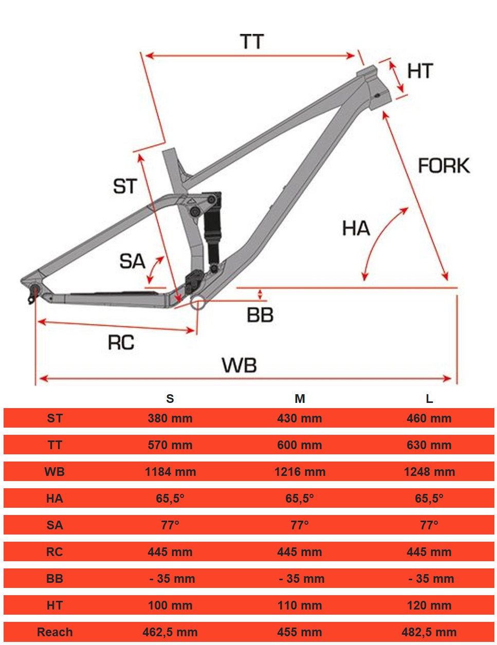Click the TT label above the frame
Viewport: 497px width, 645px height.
(x=252, y=42)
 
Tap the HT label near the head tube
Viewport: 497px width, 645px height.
(x=420, y=71)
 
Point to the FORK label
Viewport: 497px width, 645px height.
(x=444, y=166)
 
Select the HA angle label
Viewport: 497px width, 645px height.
(x=356, y=228)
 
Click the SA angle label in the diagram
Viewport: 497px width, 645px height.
(x=132, y=261)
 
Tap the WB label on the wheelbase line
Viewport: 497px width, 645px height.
(x=239, y=365)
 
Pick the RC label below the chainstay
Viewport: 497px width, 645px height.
(x=121, y=342)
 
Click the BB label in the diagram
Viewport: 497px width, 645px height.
(x=260, y=315)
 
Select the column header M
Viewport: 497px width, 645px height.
(x=300, y=399)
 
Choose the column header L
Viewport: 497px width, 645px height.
(x=429, y=399)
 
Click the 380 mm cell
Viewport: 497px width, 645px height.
(x=170, y=418)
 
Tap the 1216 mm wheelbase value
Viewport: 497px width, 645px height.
(x=300, y=472)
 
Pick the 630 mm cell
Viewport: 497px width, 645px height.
(x=429, y=445)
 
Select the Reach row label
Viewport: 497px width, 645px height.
(x=54, y=632)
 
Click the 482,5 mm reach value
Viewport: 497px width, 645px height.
(x=429, y=632)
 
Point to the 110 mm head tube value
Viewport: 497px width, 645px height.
(x=300, y=605)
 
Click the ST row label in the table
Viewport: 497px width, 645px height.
(x=54, y=418)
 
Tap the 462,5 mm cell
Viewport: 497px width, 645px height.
(x=170, y=632)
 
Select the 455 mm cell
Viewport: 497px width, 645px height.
(x=300, y=632)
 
